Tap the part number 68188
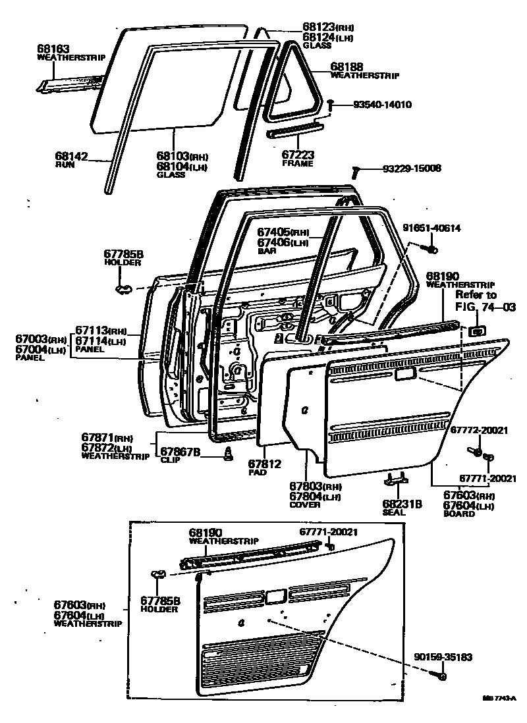(x=347, y=67)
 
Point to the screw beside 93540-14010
(x=330, y=104)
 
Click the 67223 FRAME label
(x=298, y=155)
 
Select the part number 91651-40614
(x=431, y=228)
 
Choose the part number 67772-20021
(x=479, y=429)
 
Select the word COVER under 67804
(x=305, y=504)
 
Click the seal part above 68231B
(x=396, y=480)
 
